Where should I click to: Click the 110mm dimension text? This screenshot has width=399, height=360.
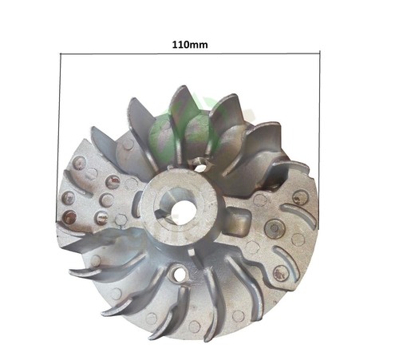pyautogui.click(x=190, y=45)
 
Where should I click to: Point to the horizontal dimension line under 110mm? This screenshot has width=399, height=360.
pyautogui.click(x=190, y=53)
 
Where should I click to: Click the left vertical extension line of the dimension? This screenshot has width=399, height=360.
pyautogui.click(x=59, y=138)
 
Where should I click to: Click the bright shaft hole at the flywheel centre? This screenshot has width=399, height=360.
pyautogui.click(x=184, y=209)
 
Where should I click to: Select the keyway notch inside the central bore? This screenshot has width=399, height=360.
pyautogui.click(x=161, y=213)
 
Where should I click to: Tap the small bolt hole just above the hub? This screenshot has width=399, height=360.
pyautogui.click(x=201, y=167)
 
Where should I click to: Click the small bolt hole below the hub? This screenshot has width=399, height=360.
pyautogui.click(x=180, y=275)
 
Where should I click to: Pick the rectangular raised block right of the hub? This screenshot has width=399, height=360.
pyautogui.click(x=237, y=220)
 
